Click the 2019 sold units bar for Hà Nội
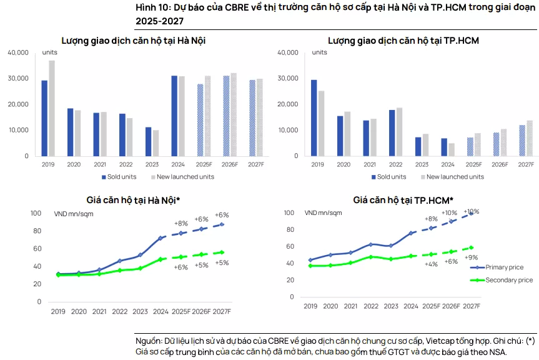point(44,118)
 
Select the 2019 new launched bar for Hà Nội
point(52,108)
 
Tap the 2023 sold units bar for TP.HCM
point(417,146)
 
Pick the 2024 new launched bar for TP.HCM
point(451,149)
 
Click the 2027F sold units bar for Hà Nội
point(252,118)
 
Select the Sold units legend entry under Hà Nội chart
point(119,177)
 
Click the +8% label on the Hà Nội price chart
point(180,223)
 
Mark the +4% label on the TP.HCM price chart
point(431,264)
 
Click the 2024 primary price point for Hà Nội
point(161,238)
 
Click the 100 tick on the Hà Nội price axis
point(36,214)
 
